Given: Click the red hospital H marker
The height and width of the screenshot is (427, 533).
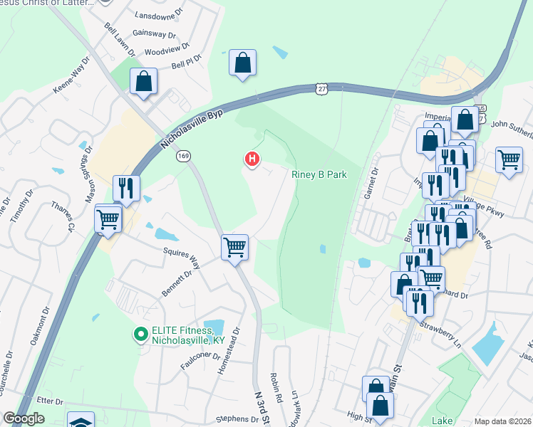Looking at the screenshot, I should [x=251, y=159].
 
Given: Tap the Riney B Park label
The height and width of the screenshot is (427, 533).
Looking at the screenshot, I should [x=319, y=174].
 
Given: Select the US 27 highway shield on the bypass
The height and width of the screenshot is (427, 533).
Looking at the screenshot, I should [x=322, y=88].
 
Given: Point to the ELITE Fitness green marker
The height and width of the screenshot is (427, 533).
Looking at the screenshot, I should [x=140, y=332].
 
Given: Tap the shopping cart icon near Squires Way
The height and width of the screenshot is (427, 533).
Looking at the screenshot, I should [x=234, y=248].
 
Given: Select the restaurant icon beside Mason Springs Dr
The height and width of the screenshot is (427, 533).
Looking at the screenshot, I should [x=126, y=189].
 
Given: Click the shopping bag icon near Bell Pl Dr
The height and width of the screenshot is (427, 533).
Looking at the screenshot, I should [x=242, y=63].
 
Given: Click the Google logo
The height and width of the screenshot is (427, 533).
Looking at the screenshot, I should [x=24, y=418].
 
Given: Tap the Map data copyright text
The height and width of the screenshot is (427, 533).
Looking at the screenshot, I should [x=502, y=421].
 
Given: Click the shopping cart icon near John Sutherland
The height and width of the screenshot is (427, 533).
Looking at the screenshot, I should [x=509, y=160].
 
